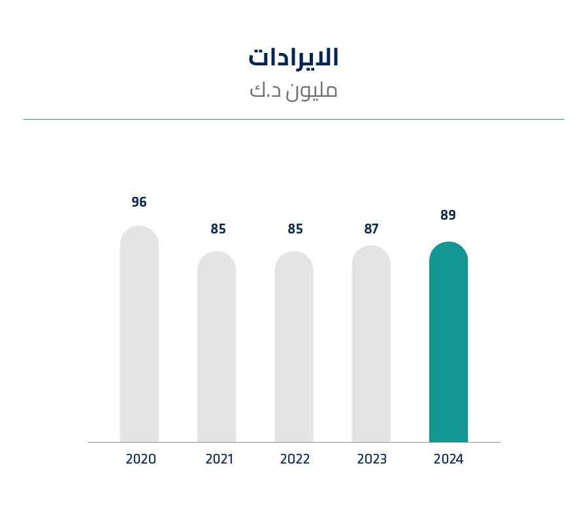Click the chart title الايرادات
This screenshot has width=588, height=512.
click(x=293, y=58)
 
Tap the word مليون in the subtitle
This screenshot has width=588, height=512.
click(x=311, y=91)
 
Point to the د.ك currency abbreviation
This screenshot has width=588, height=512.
click(x=265, y=90)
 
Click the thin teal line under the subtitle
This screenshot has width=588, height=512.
click(x=293, y=120)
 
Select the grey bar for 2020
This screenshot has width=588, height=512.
click(x=139, y=334)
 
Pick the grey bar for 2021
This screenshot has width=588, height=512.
click(x=216, y=347)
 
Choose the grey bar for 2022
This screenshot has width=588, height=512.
click(x=293, y=347)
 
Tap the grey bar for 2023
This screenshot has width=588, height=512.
click(x=371, y=344)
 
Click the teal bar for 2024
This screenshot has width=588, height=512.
click(x=448, y=342)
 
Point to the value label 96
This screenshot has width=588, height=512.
click(x=139, y=202)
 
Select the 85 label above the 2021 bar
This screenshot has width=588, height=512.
click(x=218, y=229)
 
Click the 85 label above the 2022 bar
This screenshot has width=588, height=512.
click(x=295, y=229)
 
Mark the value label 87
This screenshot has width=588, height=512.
click(x=372, y=229)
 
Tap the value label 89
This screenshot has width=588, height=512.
click(x=448, y=215)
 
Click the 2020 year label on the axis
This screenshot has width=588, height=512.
click(x=141, y=459)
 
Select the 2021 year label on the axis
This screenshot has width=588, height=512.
click(x=220, y=459)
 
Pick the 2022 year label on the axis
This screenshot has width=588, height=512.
click(x=295, y=459)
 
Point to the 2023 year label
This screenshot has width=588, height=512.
click(x=372, y=459)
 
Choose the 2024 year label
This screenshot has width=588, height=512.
click(x=448, y=459)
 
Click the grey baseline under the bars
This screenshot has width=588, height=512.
click(x=294, y=443)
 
